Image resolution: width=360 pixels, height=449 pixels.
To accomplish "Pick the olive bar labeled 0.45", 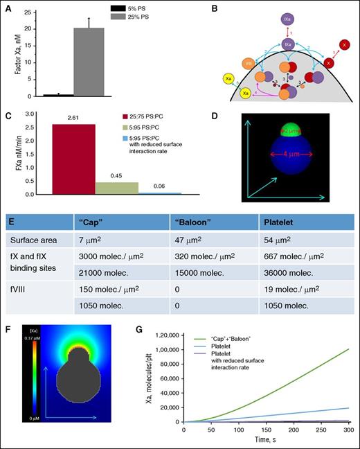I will [115, 188].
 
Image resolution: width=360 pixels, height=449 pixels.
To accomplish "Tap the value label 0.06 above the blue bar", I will [156, 186].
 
